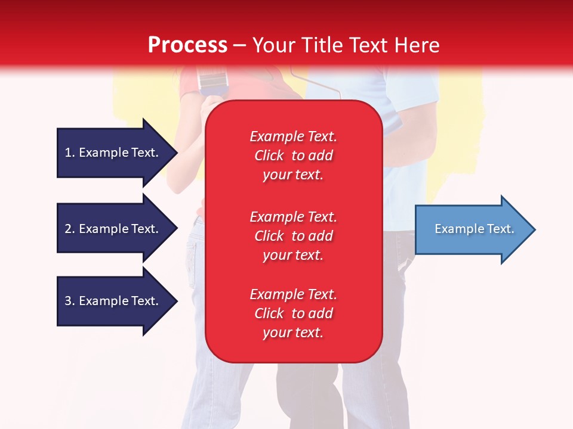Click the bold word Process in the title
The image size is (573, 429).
click(x=187, y=45)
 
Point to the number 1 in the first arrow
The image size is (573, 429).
click(x=68, y=153)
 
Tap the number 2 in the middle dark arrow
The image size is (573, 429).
click(x=69, y=229)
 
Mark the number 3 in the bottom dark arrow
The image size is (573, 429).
click(x=69, y=301)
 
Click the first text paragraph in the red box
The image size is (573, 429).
click(x=293, y=156)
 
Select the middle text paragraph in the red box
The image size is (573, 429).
click(x=293, y=236)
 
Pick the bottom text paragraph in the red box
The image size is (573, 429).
click(x=293, y=313)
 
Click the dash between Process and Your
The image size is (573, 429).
click(x=239, y=45)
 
